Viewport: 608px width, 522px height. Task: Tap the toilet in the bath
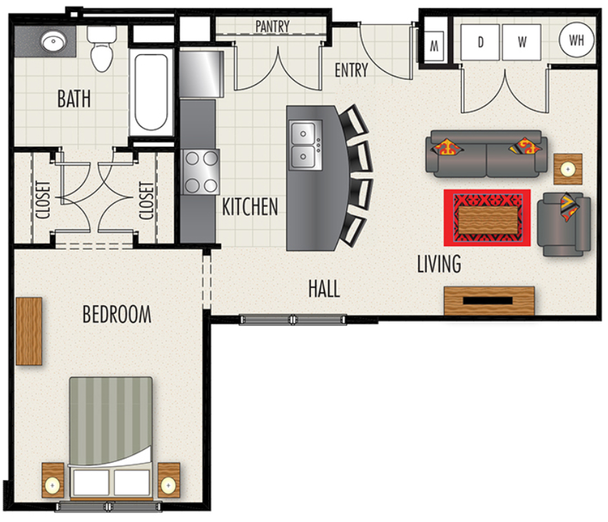click(x=102, y=48)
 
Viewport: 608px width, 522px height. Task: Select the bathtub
click(x=151, y=92)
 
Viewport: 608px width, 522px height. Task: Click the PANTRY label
click(x=273, y=26)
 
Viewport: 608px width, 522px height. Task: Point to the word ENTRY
click(x=351, y=70)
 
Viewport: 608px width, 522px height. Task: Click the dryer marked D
click(x=480, y=42)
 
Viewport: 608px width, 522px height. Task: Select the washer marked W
click(x=522, y=42)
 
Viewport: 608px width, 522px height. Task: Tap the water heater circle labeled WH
click(x=577, y=40)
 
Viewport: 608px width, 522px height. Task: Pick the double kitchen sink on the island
click(x=305, y=145)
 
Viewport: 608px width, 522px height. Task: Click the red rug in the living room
click(x=487, y=217)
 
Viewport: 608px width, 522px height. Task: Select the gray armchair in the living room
click(x=564, y=225)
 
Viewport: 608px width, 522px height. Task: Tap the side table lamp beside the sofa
click(x=568, y=169)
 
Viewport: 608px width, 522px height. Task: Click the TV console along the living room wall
click(x=490, y=301)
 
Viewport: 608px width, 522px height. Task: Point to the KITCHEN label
click(x=250, y=207)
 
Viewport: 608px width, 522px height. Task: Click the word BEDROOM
click(x=117, y=314)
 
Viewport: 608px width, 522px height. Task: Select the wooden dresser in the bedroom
click(x=29, y=332)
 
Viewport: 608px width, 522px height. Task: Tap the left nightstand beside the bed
click(x=53, y=480)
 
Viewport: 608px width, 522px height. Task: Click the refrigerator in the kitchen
click(x=201, y=73)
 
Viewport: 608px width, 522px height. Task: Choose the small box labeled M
click(x=435, y=46)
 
